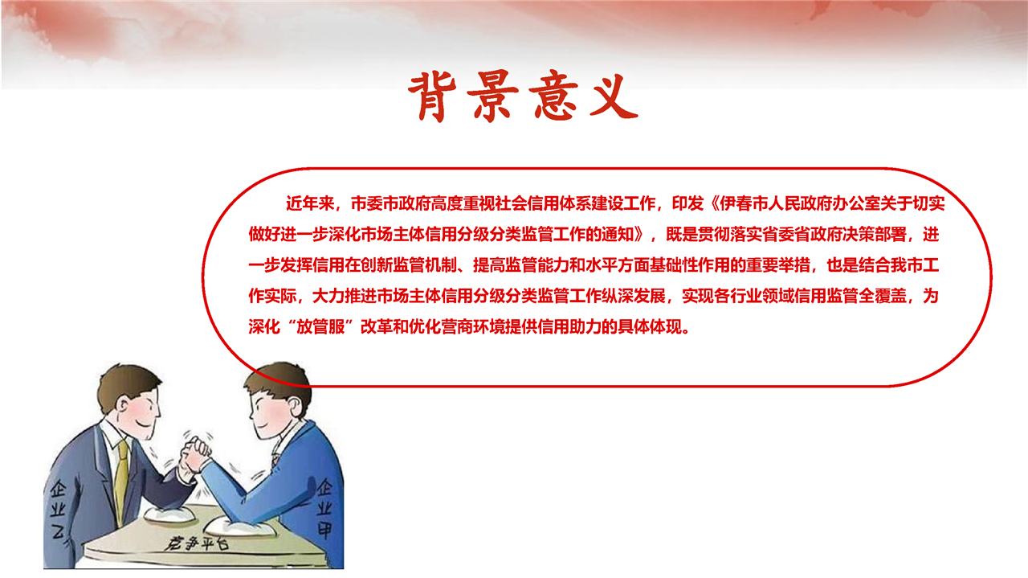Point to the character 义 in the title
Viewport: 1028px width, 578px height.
[613, 96]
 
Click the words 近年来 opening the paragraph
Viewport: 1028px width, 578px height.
[310, 203]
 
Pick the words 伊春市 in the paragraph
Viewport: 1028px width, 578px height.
[744, 203]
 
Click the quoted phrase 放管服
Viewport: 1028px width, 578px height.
[320, 326]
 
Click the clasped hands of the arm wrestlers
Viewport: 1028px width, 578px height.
[194, 454]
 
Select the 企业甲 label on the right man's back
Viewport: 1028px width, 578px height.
[325, 508]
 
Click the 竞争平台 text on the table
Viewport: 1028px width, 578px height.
[198, 543]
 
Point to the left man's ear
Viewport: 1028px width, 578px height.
[123, 405]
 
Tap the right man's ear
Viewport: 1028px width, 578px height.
[293, 406]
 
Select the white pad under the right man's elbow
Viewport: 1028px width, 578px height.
[241, 527]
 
